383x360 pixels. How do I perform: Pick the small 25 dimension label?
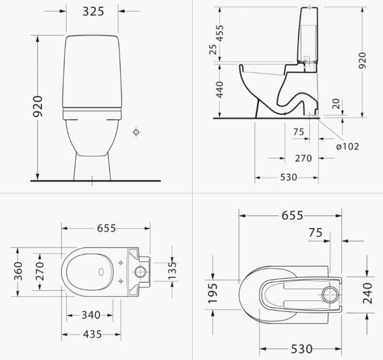tap(213, 50)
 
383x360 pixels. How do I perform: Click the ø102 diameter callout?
tap(348, 146)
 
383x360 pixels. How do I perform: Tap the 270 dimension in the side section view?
tap(303, 159)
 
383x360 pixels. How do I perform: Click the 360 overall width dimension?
tap(18, 272)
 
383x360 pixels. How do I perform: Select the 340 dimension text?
tap(91, 315)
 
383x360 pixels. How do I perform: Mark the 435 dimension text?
tap(91, 334)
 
